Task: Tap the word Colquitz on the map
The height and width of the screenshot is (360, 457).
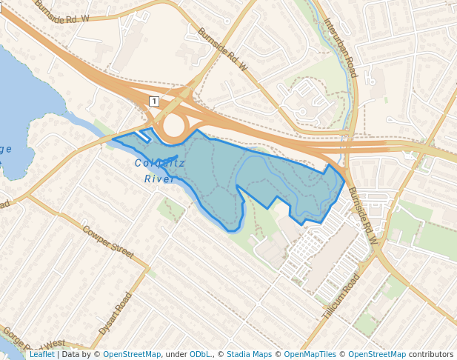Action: pos(159,164)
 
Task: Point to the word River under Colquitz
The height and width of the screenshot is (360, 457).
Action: pos(159,179)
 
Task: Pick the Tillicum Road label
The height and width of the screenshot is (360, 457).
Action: pos(341,296)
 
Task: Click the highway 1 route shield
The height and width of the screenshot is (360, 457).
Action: pos(153,100)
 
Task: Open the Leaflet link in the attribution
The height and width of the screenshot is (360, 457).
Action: pos(41,354)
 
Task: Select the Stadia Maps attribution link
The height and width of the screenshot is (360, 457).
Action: pos(249,354)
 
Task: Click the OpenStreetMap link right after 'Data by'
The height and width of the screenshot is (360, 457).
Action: pos(132,354)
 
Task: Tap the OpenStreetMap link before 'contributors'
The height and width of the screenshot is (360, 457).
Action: pos(377,354)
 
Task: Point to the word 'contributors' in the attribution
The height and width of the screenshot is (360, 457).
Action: pos(431,354)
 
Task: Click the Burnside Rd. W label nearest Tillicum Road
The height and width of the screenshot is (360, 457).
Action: pos(363,215)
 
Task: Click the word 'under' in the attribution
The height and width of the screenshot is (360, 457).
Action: pos(176,354)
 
